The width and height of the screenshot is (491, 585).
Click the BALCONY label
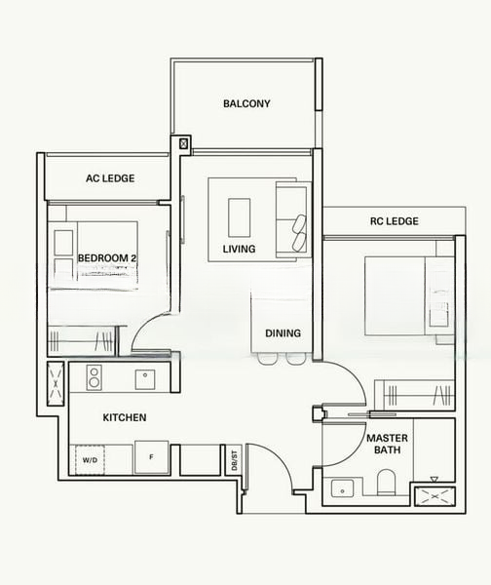(246, 103)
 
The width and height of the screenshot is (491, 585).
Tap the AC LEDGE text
(110, 178)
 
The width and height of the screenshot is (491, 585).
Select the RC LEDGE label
(395, 221)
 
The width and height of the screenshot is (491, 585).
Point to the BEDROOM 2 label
(107, 258)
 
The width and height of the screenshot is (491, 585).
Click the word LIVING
(239, 249)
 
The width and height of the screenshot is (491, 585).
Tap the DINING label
(283, 333)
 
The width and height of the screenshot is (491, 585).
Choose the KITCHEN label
(125, 417)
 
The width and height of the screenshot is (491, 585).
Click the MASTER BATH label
(387, 444)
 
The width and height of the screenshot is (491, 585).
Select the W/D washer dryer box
(90, 459)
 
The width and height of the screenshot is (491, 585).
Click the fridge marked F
(151, 457)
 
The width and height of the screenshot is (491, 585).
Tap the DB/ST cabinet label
(234, 460)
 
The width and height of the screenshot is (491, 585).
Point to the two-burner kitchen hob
(94, 377)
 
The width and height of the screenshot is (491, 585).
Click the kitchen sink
(145, 379)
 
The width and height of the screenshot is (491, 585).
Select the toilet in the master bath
(386, 483)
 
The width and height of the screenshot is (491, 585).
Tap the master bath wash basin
(342, 488)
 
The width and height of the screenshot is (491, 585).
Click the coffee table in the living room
(239, 217)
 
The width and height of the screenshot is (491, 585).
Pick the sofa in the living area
(293, 219)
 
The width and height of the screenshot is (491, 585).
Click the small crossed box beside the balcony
(183, 143)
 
